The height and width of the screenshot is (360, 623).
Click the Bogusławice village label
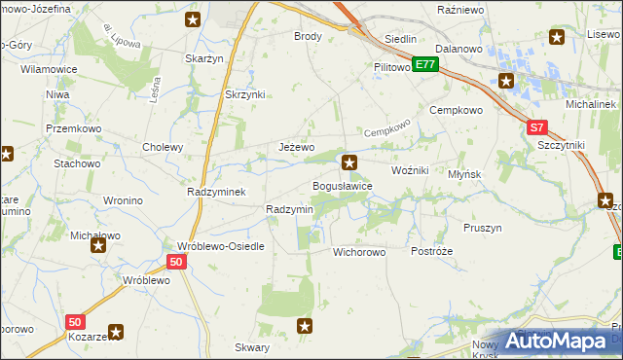point(342,186)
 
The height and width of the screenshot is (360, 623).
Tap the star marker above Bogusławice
point(349,162)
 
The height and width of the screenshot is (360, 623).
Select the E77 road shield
point(424,64)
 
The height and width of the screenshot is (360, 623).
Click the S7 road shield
point(537,127)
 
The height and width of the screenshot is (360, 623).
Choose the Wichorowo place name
point(359,252)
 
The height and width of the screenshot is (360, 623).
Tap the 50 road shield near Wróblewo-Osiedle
point(176,263)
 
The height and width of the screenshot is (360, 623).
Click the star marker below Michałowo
point(98,246)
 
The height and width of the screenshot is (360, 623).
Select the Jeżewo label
point(297,148)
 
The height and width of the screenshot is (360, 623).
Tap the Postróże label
point(432,251)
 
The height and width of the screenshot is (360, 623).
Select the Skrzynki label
point(245,94)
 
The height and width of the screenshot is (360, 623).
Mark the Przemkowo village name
point(68,128)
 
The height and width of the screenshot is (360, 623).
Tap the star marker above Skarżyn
point(193,19)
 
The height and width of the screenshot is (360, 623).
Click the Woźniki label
point(410,170)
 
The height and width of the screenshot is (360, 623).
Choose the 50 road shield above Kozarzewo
point(75,321)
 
